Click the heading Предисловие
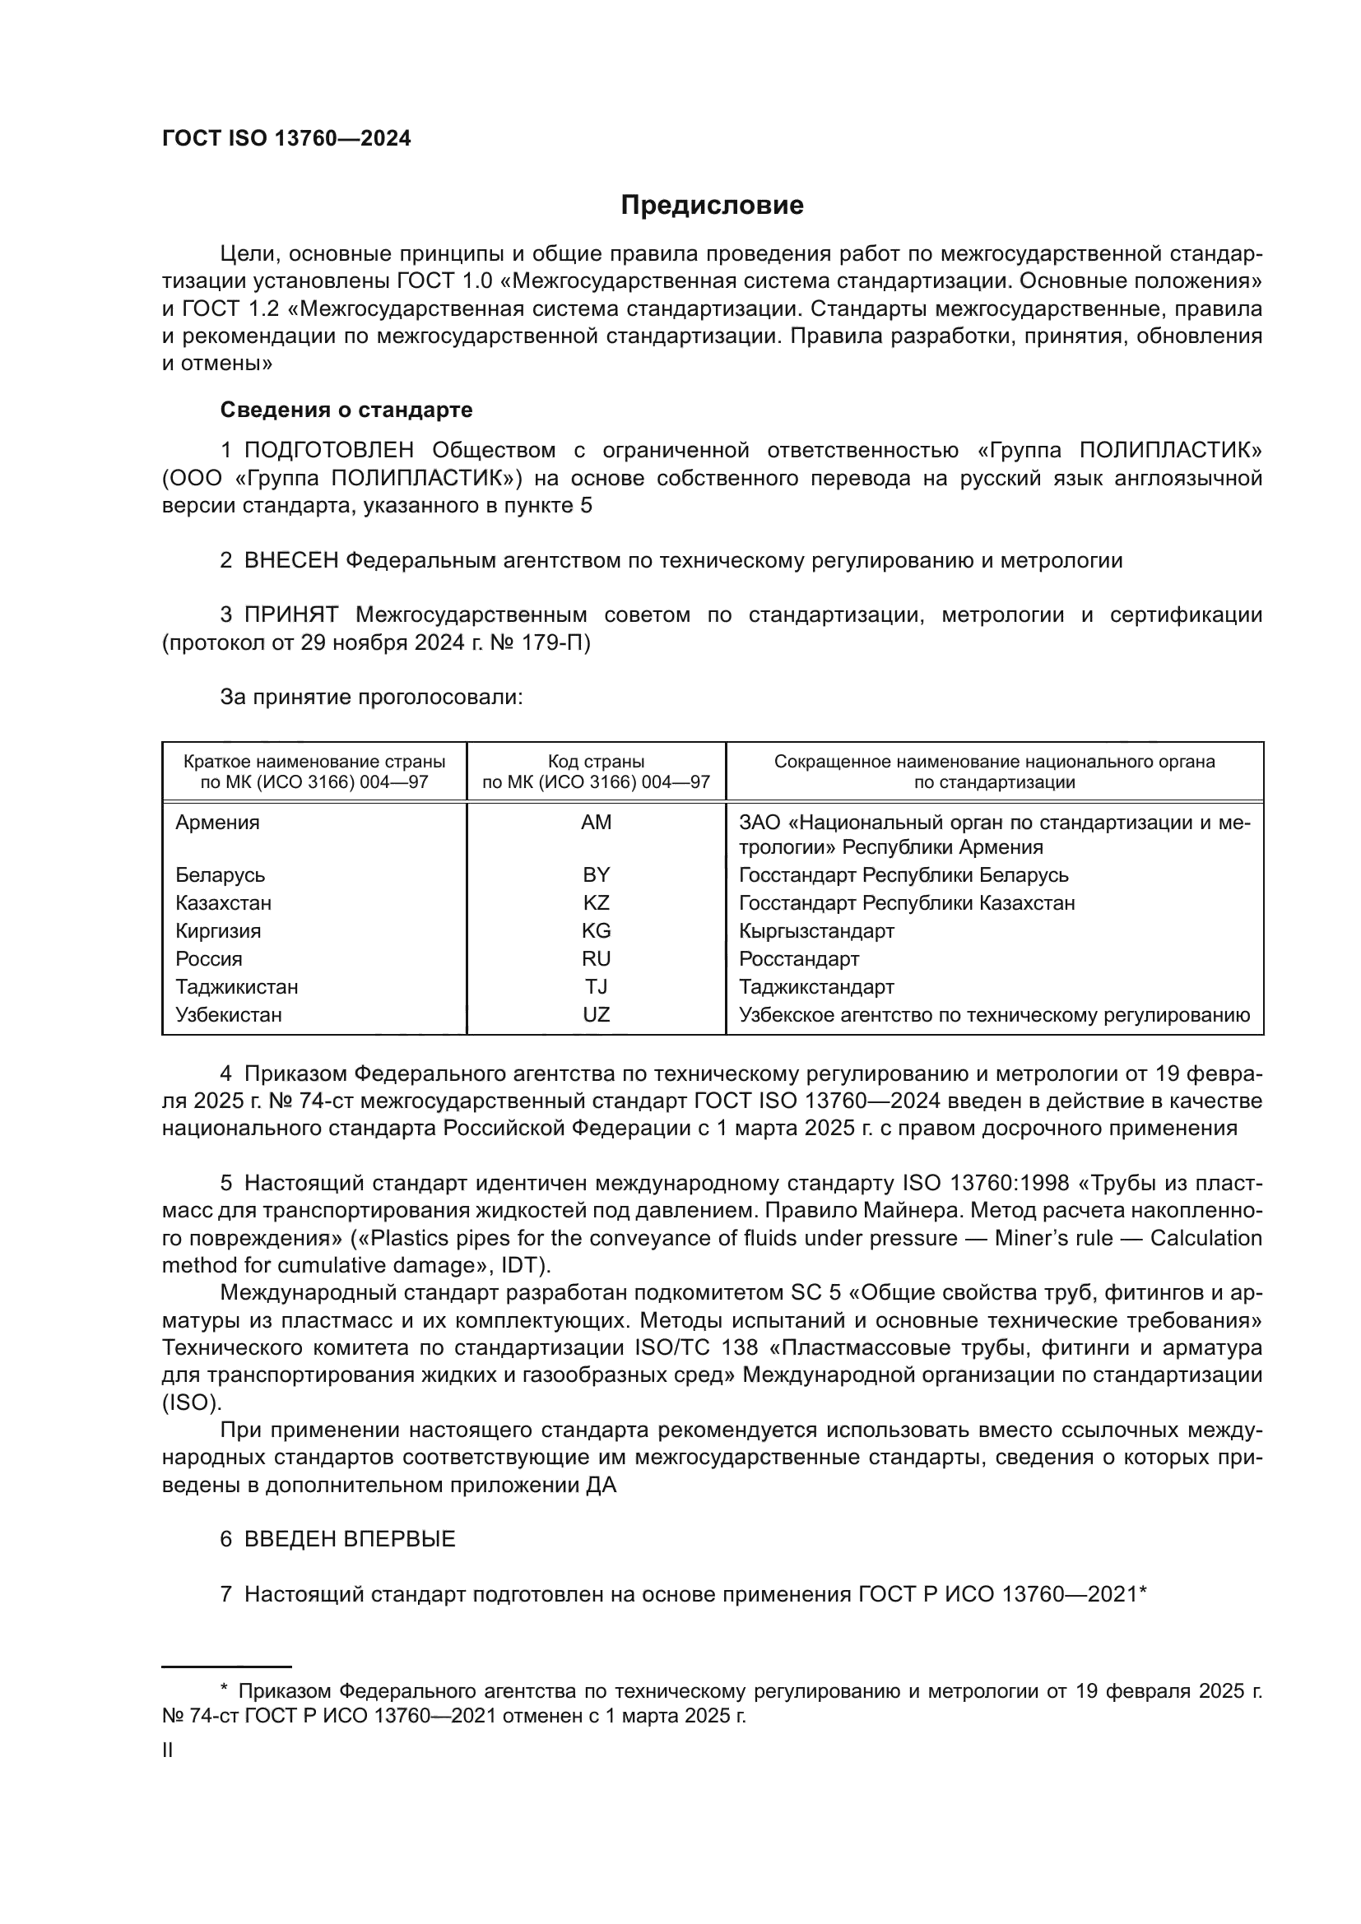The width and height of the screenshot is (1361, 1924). pos(712,206)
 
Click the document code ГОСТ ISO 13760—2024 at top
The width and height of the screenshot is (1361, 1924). pos(286,139)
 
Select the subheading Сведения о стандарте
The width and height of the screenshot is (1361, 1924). pos(346,410)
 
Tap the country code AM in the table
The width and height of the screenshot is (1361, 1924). pos(596,822)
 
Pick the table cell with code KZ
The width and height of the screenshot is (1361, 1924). pos(596,902)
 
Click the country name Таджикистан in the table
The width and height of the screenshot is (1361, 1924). pos(236,986)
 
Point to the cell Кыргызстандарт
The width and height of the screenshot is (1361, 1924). pos(816,931)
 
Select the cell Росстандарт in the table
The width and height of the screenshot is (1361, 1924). pos(799,958)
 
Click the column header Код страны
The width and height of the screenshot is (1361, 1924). pos(596,762)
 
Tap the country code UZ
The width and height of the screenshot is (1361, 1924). pos(596,1015)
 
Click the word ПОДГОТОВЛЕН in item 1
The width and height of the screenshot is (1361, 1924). pos(328,451)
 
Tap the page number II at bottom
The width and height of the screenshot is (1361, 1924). pos(168,1750)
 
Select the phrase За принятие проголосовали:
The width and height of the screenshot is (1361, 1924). pos(371,698)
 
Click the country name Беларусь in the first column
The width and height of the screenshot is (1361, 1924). pos(220,875)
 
